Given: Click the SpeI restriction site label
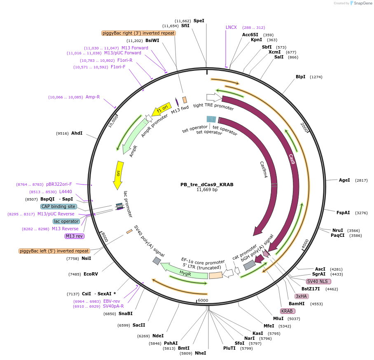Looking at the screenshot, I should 199,21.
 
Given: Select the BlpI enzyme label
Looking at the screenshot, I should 301,77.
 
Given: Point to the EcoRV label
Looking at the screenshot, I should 91,274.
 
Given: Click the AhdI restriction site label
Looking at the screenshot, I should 77,133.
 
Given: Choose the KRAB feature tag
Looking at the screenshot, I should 287,311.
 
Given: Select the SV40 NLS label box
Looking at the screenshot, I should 319,281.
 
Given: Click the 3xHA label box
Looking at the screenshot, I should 302,296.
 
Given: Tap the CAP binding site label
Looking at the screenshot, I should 58,206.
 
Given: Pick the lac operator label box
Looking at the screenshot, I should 66,221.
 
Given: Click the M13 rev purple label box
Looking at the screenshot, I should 75,236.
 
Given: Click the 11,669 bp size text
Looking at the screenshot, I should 207,190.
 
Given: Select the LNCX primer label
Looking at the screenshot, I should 231,27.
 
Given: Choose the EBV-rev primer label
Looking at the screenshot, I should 112,301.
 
